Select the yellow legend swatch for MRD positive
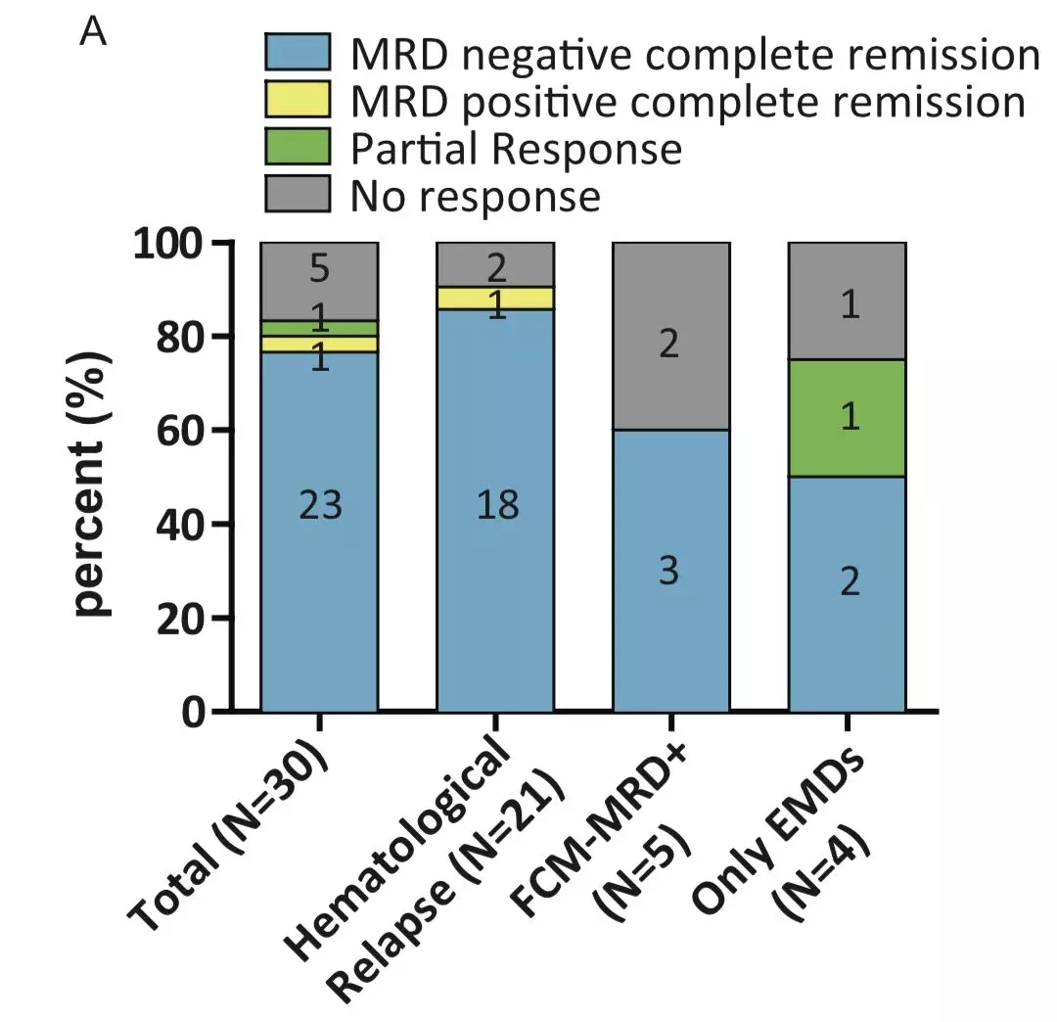pyautogui.click(x=297, y=101)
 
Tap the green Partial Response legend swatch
pyautogui.click(x=297, y=148)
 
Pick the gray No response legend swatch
pyautogui.click(x=297, y=194)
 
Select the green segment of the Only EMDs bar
pyautogui.click(x=848, y=418)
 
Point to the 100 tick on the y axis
pyautogui.click(x=181, y=243)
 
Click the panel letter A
pyautogui.click(x=93, y=32)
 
